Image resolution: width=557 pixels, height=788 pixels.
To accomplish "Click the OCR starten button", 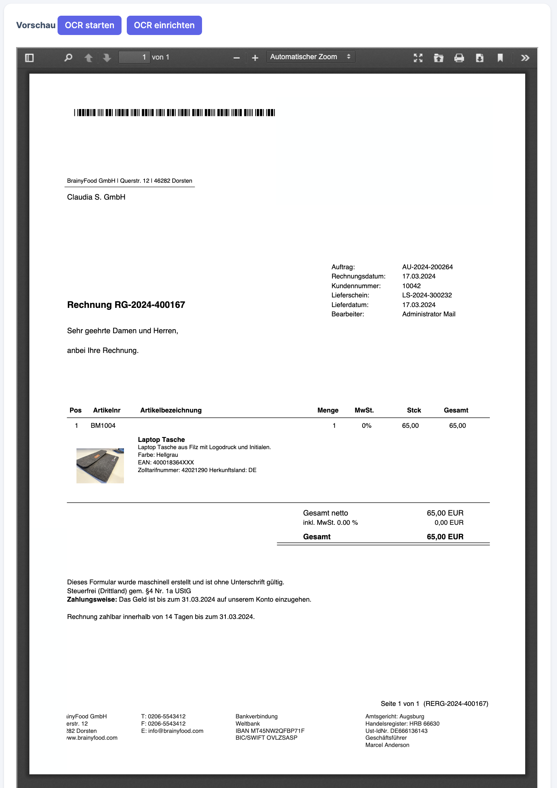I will [x=89, y=25].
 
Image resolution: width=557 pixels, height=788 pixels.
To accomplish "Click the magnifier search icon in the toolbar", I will [x=68, y=58].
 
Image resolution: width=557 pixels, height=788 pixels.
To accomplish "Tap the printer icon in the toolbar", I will [x=459, y=58].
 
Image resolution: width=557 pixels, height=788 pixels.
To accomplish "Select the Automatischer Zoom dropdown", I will [x=310, y=57].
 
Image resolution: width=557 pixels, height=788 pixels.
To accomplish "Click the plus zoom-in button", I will [x=255, y=58].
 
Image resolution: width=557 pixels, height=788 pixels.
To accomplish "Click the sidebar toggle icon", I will [x=29, y=58].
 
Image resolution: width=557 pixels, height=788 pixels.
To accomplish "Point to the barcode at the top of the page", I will [x=174, y=113].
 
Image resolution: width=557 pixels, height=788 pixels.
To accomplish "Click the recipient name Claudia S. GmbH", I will [x=96, y=197].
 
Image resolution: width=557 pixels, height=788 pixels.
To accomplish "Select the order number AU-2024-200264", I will [x=427, y=267].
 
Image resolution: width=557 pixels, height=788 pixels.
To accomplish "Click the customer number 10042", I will [x=411, y=286].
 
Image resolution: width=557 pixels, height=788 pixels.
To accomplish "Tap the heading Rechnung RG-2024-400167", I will [x=126, y=305].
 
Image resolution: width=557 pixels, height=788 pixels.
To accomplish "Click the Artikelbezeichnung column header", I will [x=171, y=411].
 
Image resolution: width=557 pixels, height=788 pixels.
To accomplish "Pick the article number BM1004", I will [x=103, y=426].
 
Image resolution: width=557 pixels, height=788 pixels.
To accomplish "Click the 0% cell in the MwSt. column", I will [x=366, y=426].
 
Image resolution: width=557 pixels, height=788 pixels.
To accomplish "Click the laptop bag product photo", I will [x=100, y=466].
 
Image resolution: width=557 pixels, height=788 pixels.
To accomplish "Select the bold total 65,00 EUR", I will [x=445, y=537].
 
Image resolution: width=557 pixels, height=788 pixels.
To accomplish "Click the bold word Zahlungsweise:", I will [x=92, y=600].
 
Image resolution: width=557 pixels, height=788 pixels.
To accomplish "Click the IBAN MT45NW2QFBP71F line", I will [x=270, y=731].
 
